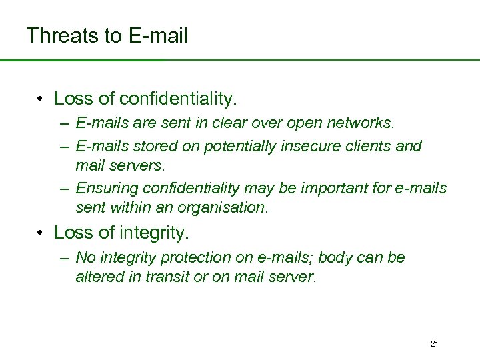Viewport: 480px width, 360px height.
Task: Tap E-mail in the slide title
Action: coord(156,35)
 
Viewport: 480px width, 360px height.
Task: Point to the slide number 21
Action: coord(434,344)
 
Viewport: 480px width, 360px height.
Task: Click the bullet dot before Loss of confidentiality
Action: coord(41,100)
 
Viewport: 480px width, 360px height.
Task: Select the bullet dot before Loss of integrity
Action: coord(41,233)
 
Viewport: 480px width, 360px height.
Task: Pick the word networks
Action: coord(365,123)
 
